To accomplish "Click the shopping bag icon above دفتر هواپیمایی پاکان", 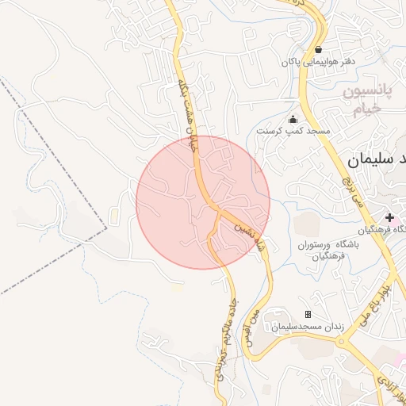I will click(x=318, y=49).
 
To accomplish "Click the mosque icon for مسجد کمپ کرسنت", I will click(x=293, y=119).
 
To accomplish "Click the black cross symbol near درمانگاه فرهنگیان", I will click(x=389, y=216).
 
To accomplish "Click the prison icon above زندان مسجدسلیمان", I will click(x=308, y=315).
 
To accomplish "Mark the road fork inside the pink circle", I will click(x=215, y=211).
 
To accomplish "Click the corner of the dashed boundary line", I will click(x=105, y=228).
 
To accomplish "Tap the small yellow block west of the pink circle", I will click(x=116, y=215).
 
